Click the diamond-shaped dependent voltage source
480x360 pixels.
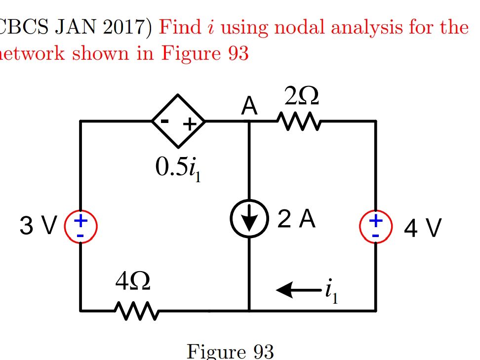178,121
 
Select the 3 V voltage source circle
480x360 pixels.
80,226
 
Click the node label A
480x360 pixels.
249,106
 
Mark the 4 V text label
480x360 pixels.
423,228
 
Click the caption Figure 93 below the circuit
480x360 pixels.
230,352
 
